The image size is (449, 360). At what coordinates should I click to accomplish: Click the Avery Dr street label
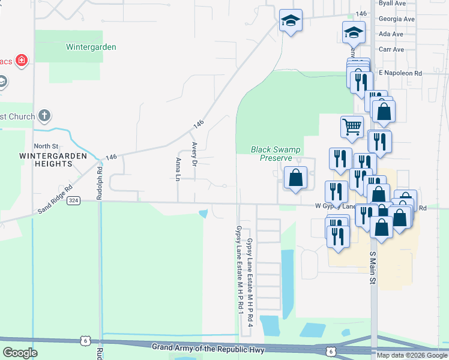tap(194, 154)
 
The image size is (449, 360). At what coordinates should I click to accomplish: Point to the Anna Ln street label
tap(178, 169)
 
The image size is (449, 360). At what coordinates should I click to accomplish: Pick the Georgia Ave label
tap(396, 19)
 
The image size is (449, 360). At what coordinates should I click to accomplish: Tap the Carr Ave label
tap(391, 49)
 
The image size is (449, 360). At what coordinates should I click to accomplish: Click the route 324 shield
tap(74, 200)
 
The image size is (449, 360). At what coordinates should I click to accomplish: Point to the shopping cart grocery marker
tap(352, 126)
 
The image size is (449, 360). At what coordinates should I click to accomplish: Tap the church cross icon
tap(44, 115)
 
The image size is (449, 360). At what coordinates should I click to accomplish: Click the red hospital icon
tap(22, 61)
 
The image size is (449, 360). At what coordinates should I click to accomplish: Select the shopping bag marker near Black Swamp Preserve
tap(295, 178)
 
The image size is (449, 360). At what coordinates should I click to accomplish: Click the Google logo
tap(20, 353)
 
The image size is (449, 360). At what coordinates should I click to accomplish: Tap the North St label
tap(46, 146)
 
